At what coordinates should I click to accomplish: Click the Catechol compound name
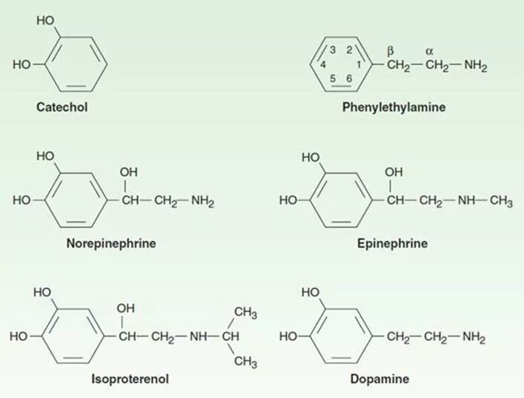pos(62,107)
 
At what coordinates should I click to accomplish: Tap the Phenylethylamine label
pos(394,107)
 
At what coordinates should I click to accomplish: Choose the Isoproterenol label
pos(130,379)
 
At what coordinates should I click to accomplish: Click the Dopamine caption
pos(379,379)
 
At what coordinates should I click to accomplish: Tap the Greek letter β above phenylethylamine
pos(390,50)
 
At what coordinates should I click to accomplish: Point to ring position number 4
pos(323,65)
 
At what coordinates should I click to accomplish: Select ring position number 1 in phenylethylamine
pos(359,65)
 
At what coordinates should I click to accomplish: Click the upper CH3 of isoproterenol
pos(245,314)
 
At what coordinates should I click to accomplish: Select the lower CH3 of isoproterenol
pos(245,362)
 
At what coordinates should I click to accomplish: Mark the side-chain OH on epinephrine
pos(394,173)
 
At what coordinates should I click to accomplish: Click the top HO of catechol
pos(45,20)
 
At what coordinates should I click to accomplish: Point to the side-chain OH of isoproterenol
pos(126,309)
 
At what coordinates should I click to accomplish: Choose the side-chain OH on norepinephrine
pos(127,173)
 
